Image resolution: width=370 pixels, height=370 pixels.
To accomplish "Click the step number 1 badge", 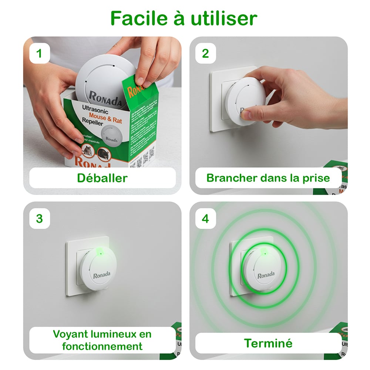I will pos(39,53).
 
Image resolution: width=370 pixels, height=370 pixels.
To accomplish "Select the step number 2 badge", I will pos(205,53).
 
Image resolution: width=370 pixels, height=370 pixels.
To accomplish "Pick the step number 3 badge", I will pos(39,218).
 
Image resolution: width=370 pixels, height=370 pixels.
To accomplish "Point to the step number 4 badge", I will pos(205,218).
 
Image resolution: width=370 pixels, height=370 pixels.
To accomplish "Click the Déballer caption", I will pos(102,178).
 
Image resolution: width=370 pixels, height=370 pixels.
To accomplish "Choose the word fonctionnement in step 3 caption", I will pos(102,346).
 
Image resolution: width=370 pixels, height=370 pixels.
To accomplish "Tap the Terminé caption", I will pos(268,343).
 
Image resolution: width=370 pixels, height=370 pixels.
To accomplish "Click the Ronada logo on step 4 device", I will pos(266,275).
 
